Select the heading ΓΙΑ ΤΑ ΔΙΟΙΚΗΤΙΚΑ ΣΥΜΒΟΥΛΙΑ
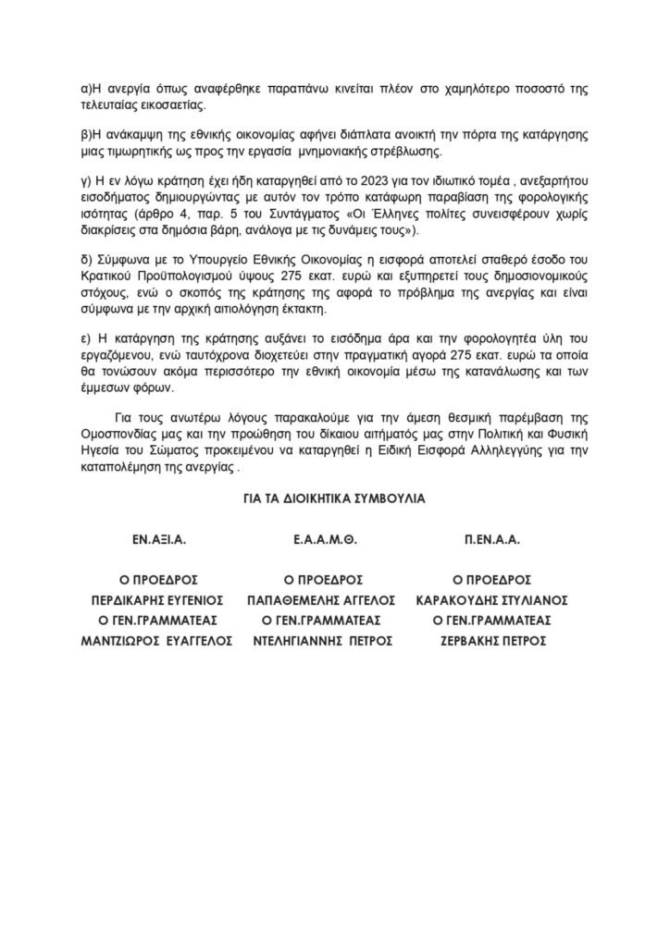tap(334, 498)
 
